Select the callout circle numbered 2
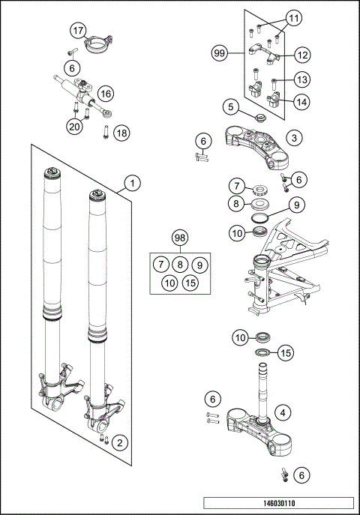[x=118, y=443]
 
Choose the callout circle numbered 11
[x=293, y=16]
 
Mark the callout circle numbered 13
[x=301, y=79]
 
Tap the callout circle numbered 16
[x=104, y=93]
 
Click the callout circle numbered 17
[x=79, y=30]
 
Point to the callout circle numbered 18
[x=121, y=133]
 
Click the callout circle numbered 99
[x=220, y=54]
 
